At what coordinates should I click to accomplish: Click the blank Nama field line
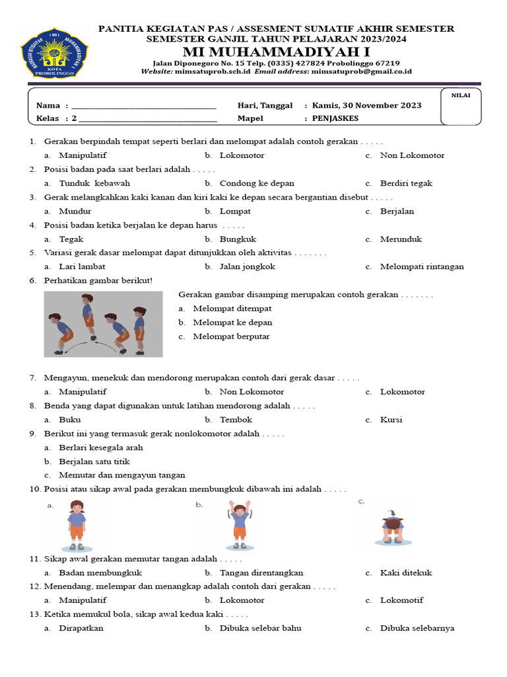coord(144,106)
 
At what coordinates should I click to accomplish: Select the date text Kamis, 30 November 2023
coord(366,106)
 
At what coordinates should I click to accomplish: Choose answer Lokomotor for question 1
coord(242,155)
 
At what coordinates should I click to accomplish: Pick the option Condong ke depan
coord(257,183)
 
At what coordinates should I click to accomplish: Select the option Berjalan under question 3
coord(397,212)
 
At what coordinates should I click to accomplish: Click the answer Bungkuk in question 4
coord(238,239)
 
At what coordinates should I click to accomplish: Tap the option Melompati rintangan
coord(422,267)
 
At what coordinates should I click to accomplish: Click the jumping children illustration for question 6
coord(103,324)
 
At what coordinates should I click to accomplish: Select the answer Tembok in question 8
coord(236,420)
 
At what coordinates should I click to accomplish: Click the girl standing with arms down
coord(77,526)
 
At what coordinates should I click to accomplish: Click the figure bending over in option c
coord(393,527)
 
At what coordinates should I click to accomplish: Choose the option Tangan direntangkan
coord(261,573)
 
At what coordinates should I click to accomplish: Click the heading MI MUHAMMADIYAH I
coord(277,52)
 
